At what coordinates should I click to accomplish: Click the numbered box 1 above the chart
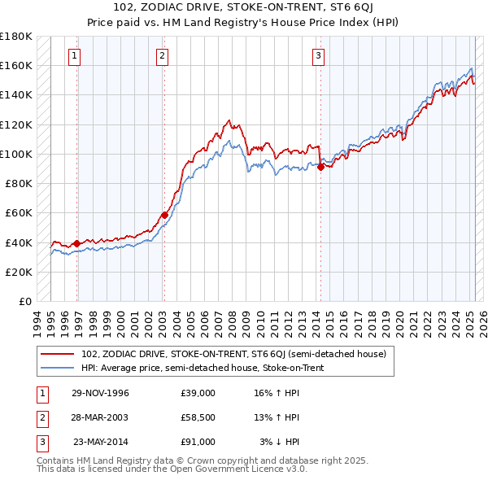[x=74, y=56]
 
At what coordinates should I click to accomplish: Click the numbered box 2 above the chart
[x=163, y=56]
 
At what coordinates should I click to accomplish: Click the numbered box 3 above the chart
[x=318, y=56]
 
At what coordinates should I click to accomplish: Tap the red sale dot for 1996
[x=77, y=243]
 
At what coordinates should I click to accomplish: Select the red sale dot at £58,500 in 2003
[x=164, y=215]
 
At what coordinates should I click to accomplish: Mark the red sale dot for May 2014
[x=320, y=167]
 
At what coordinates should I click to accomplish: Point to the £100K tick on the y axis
[x=16, y=154]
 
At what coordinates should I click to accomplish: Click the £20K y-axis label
[x=19, y=272]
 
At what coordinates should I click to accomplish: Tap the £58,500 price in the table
[x=198, y=417]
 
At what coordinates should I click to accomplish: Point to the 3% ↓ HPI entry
[x=280, y=442]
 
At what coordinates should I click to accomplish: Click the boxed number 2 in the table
[x=40, y=417]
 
